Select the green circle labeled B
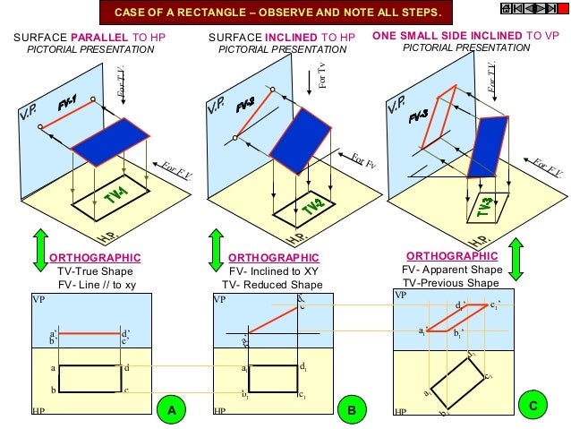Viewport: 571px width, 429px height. pos(352,410)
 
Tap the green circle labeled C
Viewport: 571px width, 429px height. pos(533,406)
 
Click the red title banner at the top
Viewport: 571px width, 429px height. pos(277,13)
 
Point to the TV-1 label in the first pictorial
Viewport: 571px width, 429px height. pos(115,196)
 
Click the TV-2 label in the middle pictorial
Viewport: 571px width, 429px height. pos(312,206)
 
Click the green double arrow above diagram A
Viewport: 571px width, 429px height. pos(39,250)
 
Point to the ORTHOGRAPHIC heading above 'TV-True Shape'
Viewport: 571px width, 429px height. pos(95,258)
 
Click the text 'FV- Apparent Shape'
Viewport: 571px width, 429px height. pos(452,269)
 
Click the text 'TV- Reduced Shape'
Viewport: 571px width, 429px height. pos(272,285)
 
